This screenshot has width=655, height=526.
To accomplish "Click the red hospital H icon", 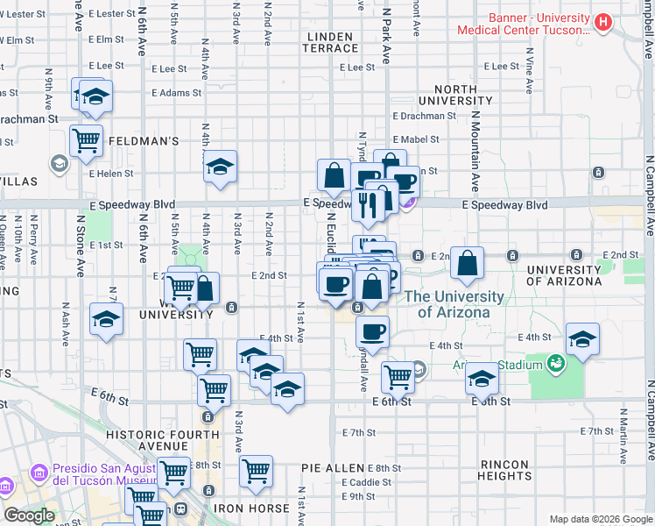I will pos(602,22).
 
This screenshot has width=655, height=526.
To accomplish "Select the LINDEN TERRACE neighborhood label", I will pos(330,44).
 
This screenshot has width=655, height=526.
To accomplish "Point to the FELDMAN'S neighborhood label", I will pos(144,140).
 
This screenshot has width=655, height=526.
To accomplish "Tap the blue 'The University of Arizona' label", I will pos(454,304).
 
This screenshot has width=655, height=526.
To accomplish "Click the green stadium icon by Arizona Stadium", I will pos(555,362).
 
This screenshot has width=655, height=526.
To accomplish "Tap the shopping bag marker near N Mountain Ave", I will pos(468,262).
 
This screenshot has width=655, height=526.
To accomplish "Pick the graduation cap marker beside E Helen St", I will pos(221,166).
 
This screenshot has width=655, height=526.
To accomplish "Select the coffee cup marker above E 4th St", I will pos(373,332).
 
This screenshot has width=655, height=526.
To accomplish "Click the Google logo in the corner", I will pos(29,515).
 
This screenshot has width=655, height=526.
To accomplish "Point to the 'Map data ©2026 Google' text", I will pos(601,519).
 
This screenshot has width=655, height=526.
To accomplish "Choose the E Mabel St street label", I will pos(416,139).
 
